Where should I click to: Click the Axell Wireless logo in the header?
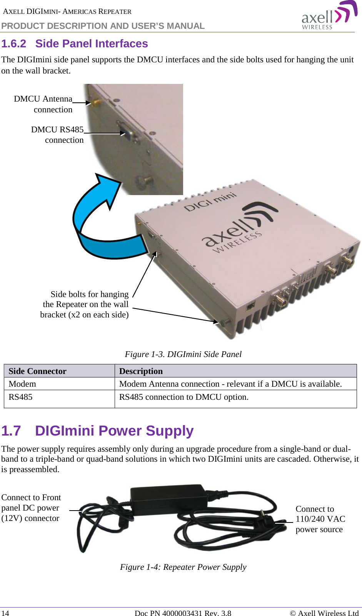pos(329,16)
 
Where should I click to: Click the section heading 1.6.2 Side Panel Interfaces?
pos(75,44)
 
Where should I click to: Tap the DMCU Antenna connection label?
pos(43,104)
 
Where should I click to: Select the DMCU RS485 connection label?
pos(58,135)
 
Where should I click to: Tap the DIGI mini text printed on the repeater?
pos(210,202)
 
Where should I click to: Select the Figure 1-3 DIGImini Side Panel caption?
pos(183,354)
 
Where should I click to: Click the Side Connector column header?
pos(38,371)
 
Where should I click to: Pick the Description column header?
pos(141,371)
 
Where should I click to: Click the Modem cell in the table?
pos(22,384)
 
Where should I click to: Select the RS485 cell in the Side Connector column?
pos(21,397)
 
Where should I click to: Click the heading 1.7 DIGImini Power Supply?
pos(97,431)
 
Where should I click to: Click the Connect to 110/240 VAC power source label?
pos(320,519)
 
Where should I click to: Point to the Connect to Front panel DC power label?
pos(31,507)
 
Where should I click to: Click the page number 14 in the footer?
pos(5,613)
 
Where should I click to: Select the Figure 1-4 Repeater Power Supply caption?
pos(183,567)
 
